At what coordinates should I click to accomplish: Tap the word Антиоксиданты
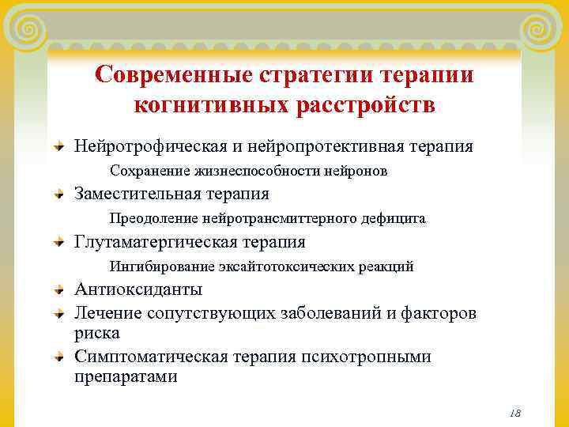click(x=138, y=289)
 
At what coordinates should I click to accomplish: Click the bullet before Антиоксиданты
click(x=59, y=290)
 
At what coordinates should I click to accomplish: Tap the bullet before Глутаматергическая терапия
click(x=59, y=243)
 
